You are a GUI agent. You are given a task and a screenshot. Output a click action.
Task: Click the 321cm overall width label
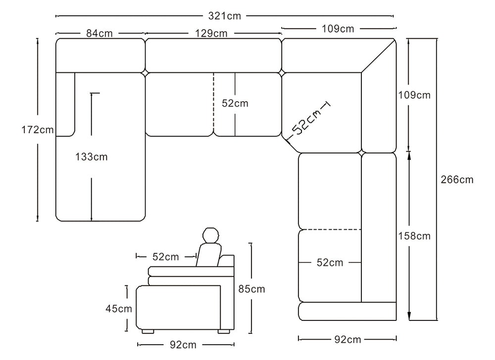[224, 16]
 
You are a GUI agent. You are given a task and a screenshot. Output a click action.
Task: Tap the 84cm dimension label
[99, 34]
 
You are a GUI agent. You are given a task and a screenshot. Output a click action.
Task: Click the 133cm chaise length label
[91, 157]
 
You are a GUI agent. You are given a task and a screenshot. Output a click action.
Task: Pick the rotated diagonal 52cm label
[306, 121]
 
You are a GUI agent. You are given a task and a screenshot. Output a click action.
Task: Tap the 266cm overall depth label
[457, 179]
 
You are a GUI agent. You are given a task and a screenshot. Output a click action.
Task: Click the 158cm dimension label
[414, 236]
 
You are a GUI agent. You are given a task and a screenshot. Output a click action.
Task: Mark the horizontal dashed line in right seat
[330, 229]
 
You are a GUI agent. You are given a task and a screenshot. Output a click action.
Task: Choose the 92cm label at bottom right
[347, 339]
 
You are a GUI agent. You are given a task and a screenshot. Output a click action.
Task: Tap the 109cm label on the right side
[414, 95]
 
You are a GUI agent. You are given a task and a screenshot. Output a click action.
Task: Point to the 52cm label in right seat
[330, 263]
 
